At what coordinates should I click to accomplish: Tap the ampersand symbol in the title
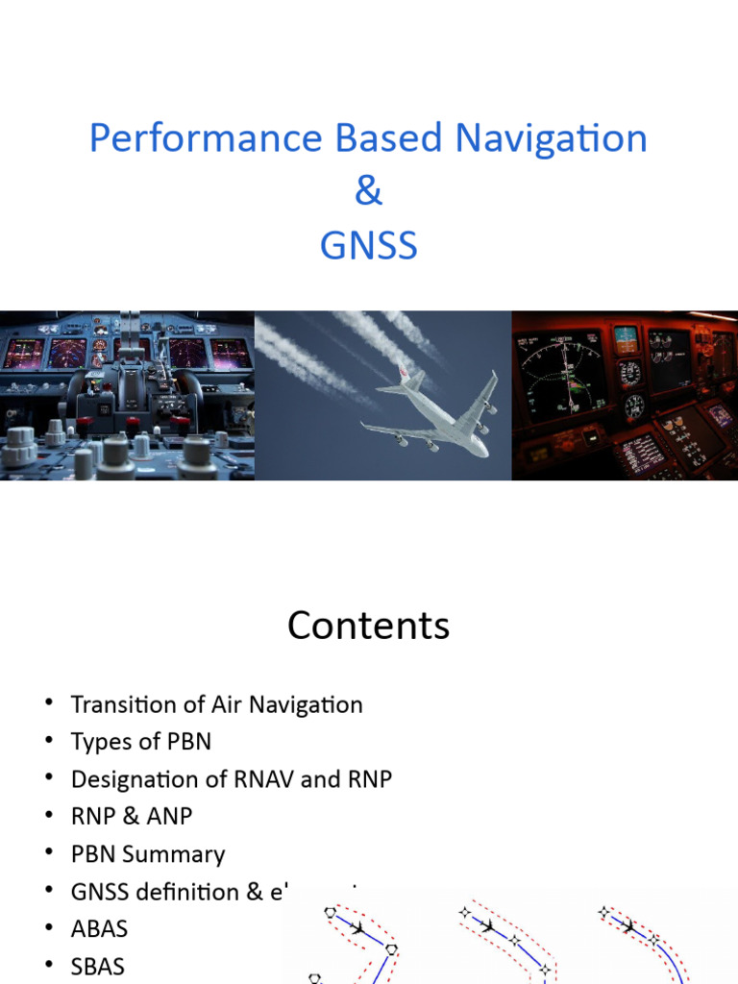(368, 192)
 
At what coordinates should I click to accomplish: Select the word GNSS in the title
(368, 246)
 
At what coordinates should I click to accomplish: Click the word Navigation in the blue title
(551, 139)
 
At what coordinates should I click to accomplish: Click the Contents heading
(368, 627)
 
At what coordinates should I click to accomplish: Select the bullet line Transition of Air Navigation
(216, 704)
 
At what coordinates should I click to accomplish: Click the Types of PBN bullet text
(140, 742)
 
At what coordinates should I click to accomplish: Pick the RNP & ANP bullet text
(132, 817)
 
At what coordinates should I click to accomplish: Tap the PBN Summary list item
(147, 854)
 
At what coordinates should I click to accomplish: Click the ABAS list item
(99, 929)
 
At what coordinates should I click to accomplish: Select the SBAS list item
(98, 966)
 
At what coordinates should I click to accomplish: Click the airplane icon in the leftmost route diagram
(358, 929)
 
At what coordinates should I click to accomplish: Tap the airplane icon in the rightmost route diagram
(629, 927)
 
